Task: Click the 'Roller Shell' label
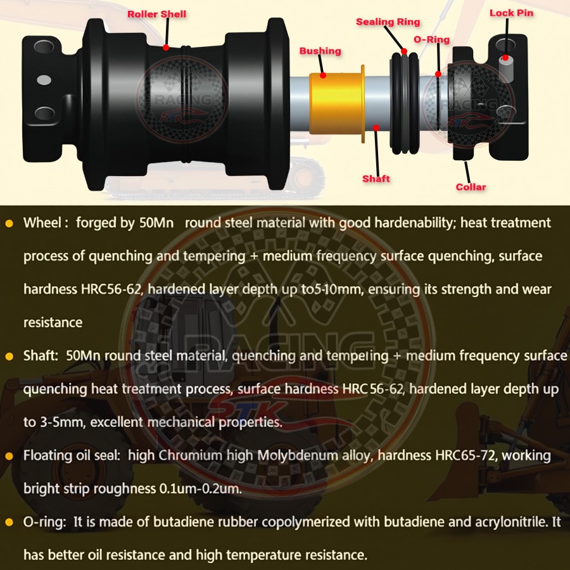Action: (x=157, y=14)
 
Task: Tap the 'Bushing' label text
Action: (x=320, y=51)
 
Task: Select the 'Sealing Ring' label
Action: (x=388, y=22)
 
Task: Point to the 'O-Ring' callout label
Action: (x=431, y=39)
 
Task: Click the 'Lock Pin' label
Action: (x=511, y=13)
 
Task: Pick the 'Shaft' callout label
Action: (x=376, y=179)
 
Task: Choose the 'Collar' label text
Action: (x=471, y=187)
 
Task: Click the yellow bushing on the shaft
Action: (x=336, y=104)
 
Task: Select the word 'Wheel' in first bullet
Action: (x=42, y=223)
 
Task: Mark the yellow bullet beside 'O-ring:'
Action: (x=9, y=522)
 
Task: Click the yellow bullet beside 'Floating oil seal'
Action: (x=9, y=456)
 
